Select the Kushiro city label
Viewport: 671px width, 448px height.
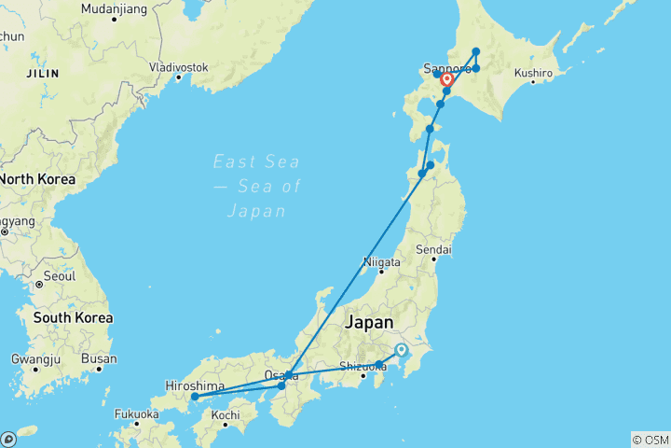click(534, 72)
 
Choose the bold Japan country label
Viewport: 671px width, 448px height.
click(369, 322)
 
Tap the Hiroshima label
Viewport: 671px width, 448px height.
click(194, 385)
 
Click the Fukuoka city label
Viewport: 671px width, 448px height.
click(137, 413)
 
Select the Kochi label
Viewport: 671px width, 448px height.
click(226, 414)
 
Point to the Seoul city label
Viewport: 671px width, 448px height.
click(58, 277)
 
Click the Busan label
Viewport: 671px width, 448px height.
click(100, 358)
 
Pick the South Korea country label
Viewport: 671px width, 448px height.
click(74, 317)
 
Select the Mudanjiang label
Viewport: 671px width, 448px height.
click(113, 8)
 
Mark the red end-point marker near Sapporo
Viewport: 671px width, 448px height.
click(446, 79)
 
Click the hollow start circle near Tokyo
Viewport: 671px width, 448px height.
click(402, 350)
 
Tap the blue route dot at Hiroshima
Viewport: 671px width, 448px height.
click(194, 397)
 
